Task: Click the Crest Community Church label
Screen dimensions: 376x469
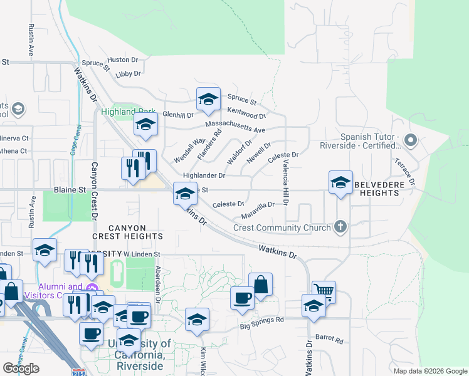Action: pyautogui.click(x=282, y=227)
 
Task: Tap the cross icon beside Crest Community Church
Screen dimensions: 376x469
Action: pyautogui.click(x=340, y=227)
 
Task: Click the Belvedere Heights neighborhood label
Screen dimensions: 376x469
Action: pyautogui.click(x=376, y=189)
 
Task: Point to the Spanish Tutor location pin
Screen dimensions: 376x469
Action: pyautogui.click(x=411, y=140)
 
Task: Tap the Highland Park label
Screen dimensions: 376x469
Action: pyautogui.click(x=128, y=112)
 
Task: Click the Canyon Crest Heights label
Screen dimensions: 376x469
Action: pyautogui.click(x=127, y=232)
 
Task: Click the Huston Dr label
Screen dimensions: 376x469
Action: pyautogui.click(x=123, y=60)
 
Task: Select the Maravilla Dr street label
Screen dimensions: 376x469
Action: pyautogui.click(x=258, y=204)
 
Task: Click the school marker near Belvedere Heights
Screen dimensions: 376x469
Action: pyautogui.click(x=340, y=182)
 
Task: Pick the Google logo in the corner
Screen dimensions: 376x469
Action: pyautogui.click(x=21, y=368)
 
